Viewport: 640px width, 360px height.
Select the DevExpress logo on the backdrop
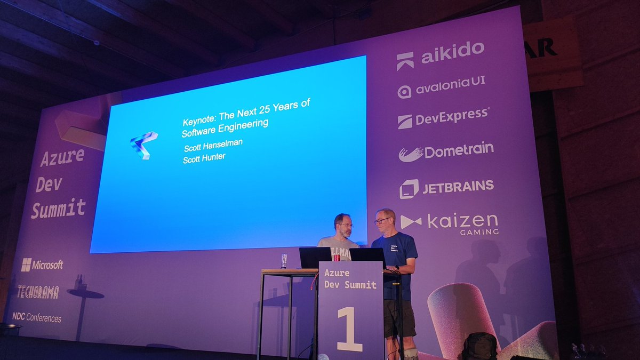click(443, 118)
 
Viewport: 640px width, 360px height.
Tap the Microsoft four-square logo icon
click(26, 265)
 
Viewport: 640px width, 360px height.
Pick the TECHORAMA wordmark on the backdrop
click(37, 292)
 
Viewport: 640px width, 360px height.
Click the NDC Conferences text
click(36, 318)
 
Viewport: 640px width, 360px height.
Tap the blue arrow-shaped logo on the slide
click(143, 145)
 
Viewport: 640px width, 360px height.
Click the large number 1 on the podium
click(349, 329)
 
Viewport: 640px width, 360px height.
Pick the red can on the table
click(336, 258)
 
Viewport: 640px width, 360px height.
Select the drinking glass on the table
click(284, 260)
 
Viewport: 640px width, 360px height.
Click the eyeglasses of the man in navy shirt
click(382, 220)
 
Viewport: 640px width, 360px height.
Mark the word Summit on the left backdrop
click(58, 208)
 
